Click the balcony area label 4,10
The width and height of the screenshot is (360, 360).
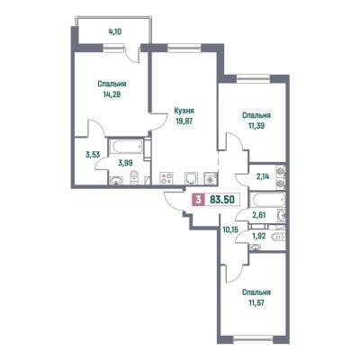(x=115, y=31)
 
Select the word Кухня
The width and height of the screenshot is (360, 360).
(x=184, y=111)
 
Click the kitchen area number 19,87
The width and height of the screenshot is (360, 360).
(x=184, y=121)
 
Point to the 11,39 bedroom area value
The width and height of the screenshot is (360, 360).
(x=256, y=126)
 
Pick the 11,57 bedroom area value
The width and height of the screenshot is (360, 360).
(x=256, y=303)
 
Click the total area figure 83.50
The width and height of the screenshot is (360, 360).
(x=222, y=199)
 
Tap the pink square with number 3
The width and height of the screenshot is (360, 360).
(x=198, y=199)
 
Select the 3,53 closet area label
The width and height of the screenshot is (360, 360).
(x=93, y=155)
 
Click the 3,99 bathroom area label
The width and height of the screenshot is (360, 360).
(x=126, y=163)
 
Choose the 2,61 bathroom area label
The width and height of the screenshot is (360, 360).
(x=260, y=215)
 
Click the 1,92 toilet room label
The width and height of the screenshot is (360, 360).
(x=259, y=237)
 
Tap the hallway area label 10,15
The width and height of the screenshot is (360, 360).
(x=230, y=230)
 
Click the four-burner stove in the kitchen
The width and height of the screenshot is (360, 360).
(x=166, y=178)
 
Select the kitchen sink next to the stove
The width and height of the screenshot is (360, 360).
(x=191, y=178)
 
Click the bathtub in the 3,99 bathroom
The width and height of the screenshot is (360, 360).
(x=126, y=146)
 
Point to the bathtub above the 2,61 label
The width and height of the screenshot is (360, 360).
(x=267, y=200)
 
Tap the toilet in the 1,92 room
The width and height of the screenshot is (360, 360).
(x=277, y=237)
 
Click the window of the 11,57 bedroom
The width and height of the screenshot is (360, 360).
(x=253, y=339)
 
